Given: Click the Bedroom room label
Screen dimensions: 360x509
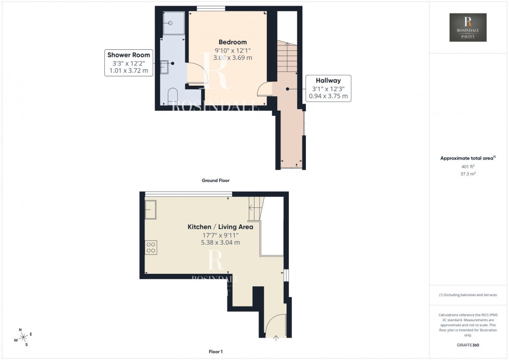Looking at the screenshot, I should coord(233,42).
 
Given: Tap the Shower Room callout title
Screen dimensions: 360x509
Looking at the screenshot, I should coord(128,55).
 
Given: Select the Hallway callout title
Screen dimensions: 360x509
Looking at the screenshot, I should coord(330,81).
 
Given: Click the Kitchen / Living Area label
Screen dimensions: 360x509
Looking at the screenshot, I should coord(220,227).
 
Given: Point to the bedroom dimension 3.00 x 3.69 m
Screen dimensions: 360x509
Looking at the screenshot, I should coord(233,58).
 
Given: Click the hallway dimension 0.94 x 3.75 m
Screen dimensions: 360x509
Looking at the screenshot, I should coord(330,96).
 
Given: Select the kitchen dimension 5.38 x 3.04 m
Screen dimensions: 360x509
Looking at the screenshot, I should coord(220,242).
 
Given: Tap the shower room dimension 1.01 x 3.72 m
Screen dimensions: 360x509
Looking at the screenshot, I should coord(128,71).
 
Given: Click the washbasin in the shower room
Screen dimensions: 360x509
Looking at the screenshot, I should coord(164,66).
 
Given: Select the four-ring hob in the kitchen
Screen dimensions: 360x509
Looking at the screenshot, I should coord(151,247).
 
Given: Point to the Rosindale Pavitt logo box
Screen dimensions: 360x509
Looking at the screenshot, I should coord(468,28).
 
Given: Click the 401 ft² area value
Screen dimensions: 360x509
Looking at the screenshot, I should coord(468,166).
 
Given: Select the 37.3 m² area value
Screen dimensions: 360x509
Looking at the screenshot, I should coord(468,175).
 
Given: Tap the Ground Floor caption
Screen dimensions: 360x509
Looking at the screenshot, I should coord(215,180).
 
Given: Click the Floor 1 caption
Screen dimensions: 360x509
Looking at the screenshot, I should coord(215,352).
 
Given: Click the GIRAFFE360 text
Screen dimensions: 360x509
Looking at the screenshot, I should coord(468,344).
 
